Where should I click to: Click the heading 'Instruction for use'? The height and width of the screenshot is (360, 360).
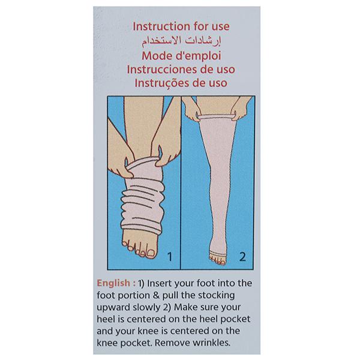click(181, 26)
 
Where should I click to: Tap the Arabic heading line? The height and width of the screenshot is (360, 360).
click(181, 41)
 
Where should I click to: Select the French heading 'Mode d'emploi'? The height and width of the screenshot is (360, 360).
click(181, 56)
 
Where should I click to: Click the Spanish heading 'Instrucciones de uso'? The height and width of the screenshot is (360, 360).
click(181, 70)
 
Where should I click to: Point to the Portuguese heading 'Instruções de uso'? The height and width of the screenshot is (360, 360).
click(181, 83)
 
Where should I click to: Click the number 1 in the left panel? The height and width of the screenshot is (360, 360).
click(170, 256)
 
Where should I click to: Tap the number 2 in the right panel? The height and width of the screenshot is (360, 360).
click(242, 256)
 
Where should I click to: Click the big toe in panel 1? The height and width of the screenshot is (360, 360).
click(151, 253)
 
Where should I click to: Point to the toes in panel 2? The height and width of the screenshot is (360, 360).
click(217, 260)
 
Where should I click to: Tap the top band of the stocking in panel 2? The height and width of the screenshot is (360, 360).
click(217, 116)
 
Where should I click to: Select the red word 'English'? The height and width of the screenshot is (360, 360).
click(113, 283)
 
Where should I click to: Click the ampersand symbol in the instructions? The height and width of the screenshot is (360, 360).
click(156, 295)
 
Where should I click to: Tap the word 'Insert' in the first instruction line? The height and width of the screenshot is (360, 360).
click(160, 283)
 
